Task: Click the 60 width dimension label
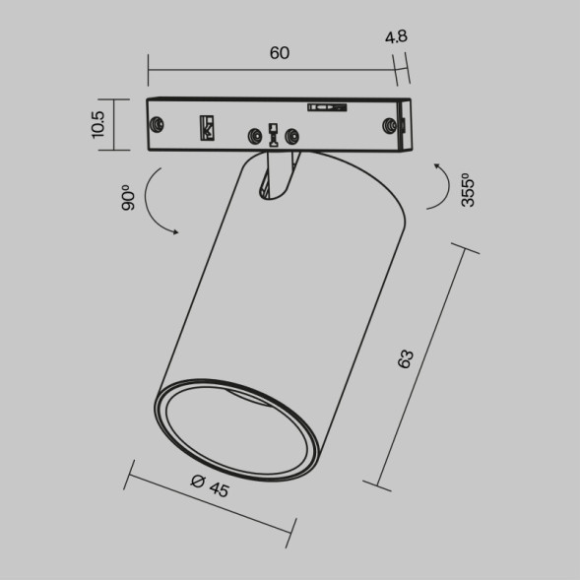[279, 53]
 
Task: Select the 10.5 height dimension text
[97, 125]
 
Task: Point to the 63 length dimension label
[405, 359]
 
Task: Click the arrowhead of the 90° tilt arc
[174, 232]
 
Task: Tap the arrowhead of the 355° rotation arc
[436, 169]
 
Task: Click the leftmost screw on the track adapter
[157, 125]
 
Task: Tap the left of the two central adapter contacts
[256, 135]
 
